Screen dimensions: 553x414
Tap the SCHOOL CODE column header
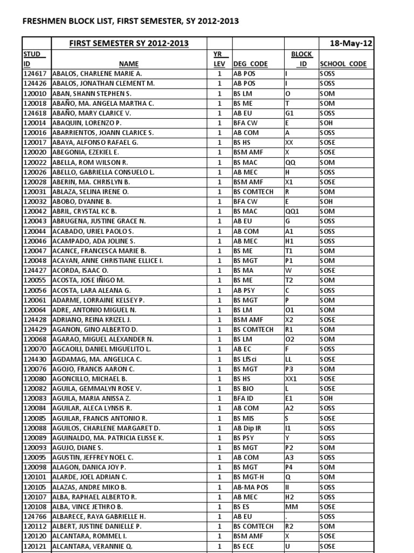(343, 63)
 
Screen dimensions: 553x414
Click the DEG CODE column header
(250, 63)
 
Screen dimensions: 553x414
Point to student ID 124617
(36, 73)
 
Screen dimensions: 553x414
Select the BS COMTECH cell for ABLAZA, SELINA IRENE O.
(253, 192)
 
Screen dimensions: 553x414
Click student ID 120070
(36, 349)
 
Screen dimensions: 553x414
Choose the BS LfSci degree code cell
(245, 359)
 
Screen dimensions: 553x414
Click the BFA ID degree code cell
(244, 399)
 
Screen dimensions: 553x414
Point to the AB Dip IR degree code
(249, 428)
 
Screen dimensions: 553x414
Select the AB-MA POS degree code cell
(251, 487)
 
